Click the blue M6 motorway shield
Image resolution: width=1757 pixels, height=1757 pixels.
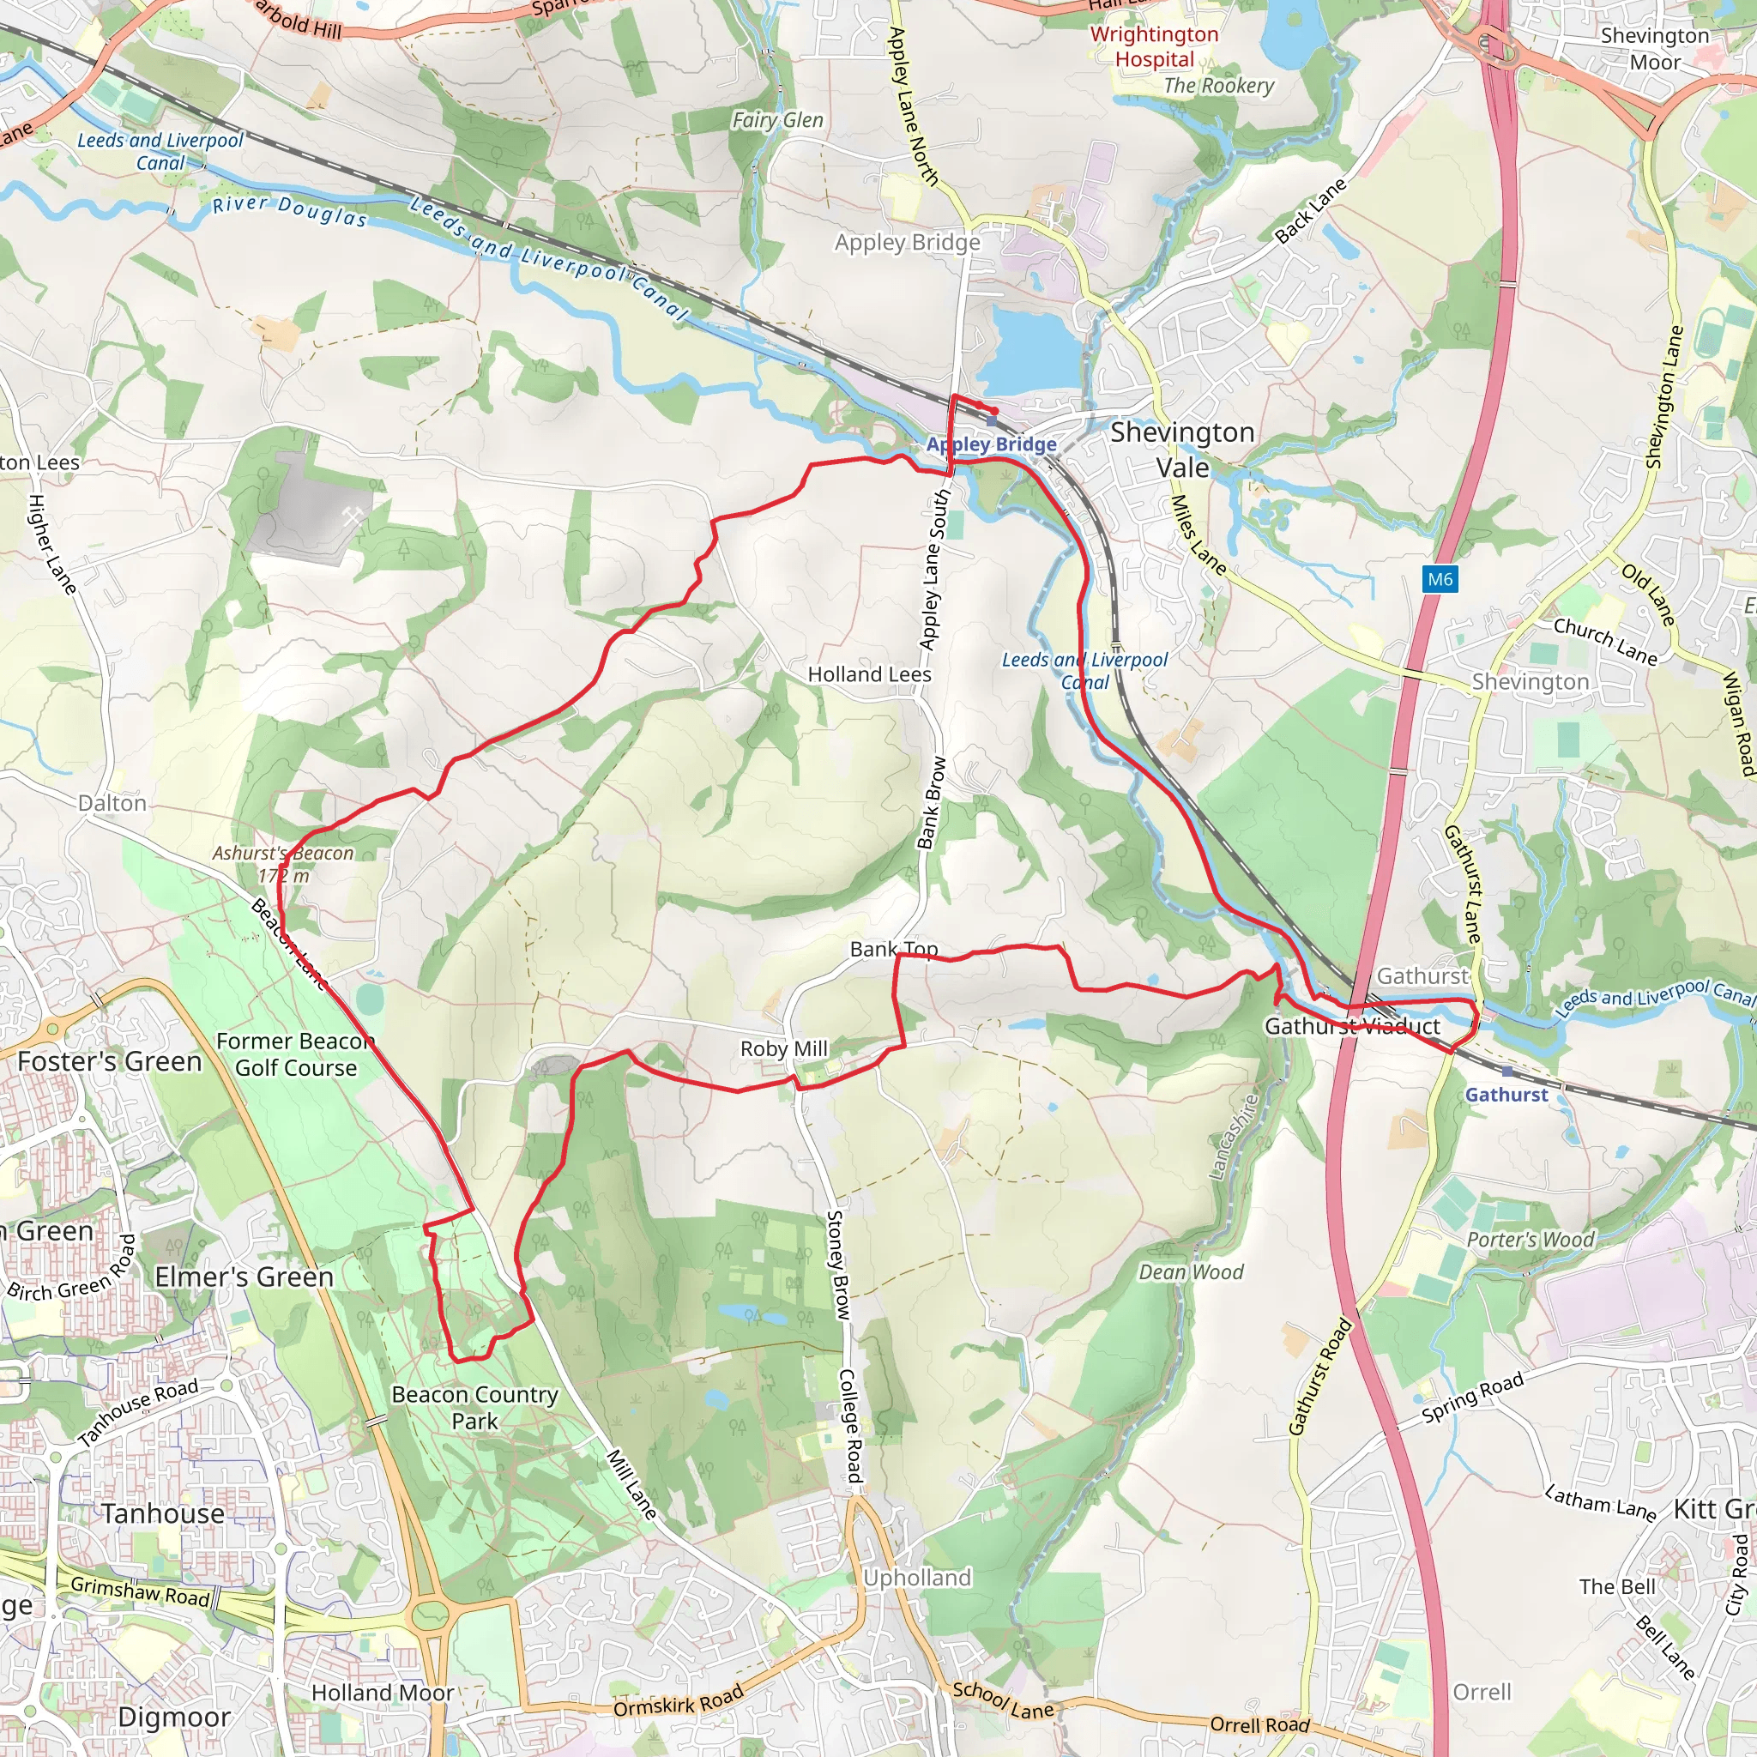[1440, 579]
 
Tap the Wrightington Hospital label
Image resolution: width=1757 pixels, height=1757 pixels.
[1154, 47]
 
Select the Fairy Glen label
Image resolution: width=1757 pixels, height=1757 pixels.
[777, 120]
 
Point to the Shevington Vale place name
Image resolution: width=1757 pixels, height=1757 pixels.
[1182, 450]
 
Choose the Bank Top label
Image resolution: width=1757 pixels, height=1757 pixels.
[893, 950]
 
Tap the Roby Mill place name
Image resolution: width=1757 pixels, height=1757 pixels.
[784, 1049]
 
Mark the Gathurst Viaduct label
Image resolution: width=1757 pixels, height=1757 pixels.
[1351, 1027]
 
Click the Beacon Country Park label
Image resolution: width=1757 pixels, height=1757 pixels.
[474, 1408]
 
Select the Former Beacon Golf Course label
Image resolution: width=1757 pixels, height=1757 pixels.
[296, 1055]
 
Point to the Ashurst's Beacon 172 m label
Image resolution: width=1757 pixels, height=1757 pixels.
[283, 865]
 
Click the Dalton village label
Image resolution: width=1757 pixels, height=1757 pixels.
[112, 804]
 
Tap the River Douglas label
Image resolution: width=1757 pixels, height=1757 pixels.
[289, 211]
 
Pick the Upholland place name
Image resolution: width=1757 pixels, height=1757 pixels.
[917, 1578]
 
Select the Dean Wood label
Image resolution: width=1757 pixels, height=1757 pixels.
[1191, 1272]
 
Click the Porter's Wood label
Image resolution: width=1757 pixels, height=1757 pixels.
[1531, 1240]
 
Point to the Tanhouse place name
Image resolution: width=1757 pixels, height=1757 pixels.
[163, 1514]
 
